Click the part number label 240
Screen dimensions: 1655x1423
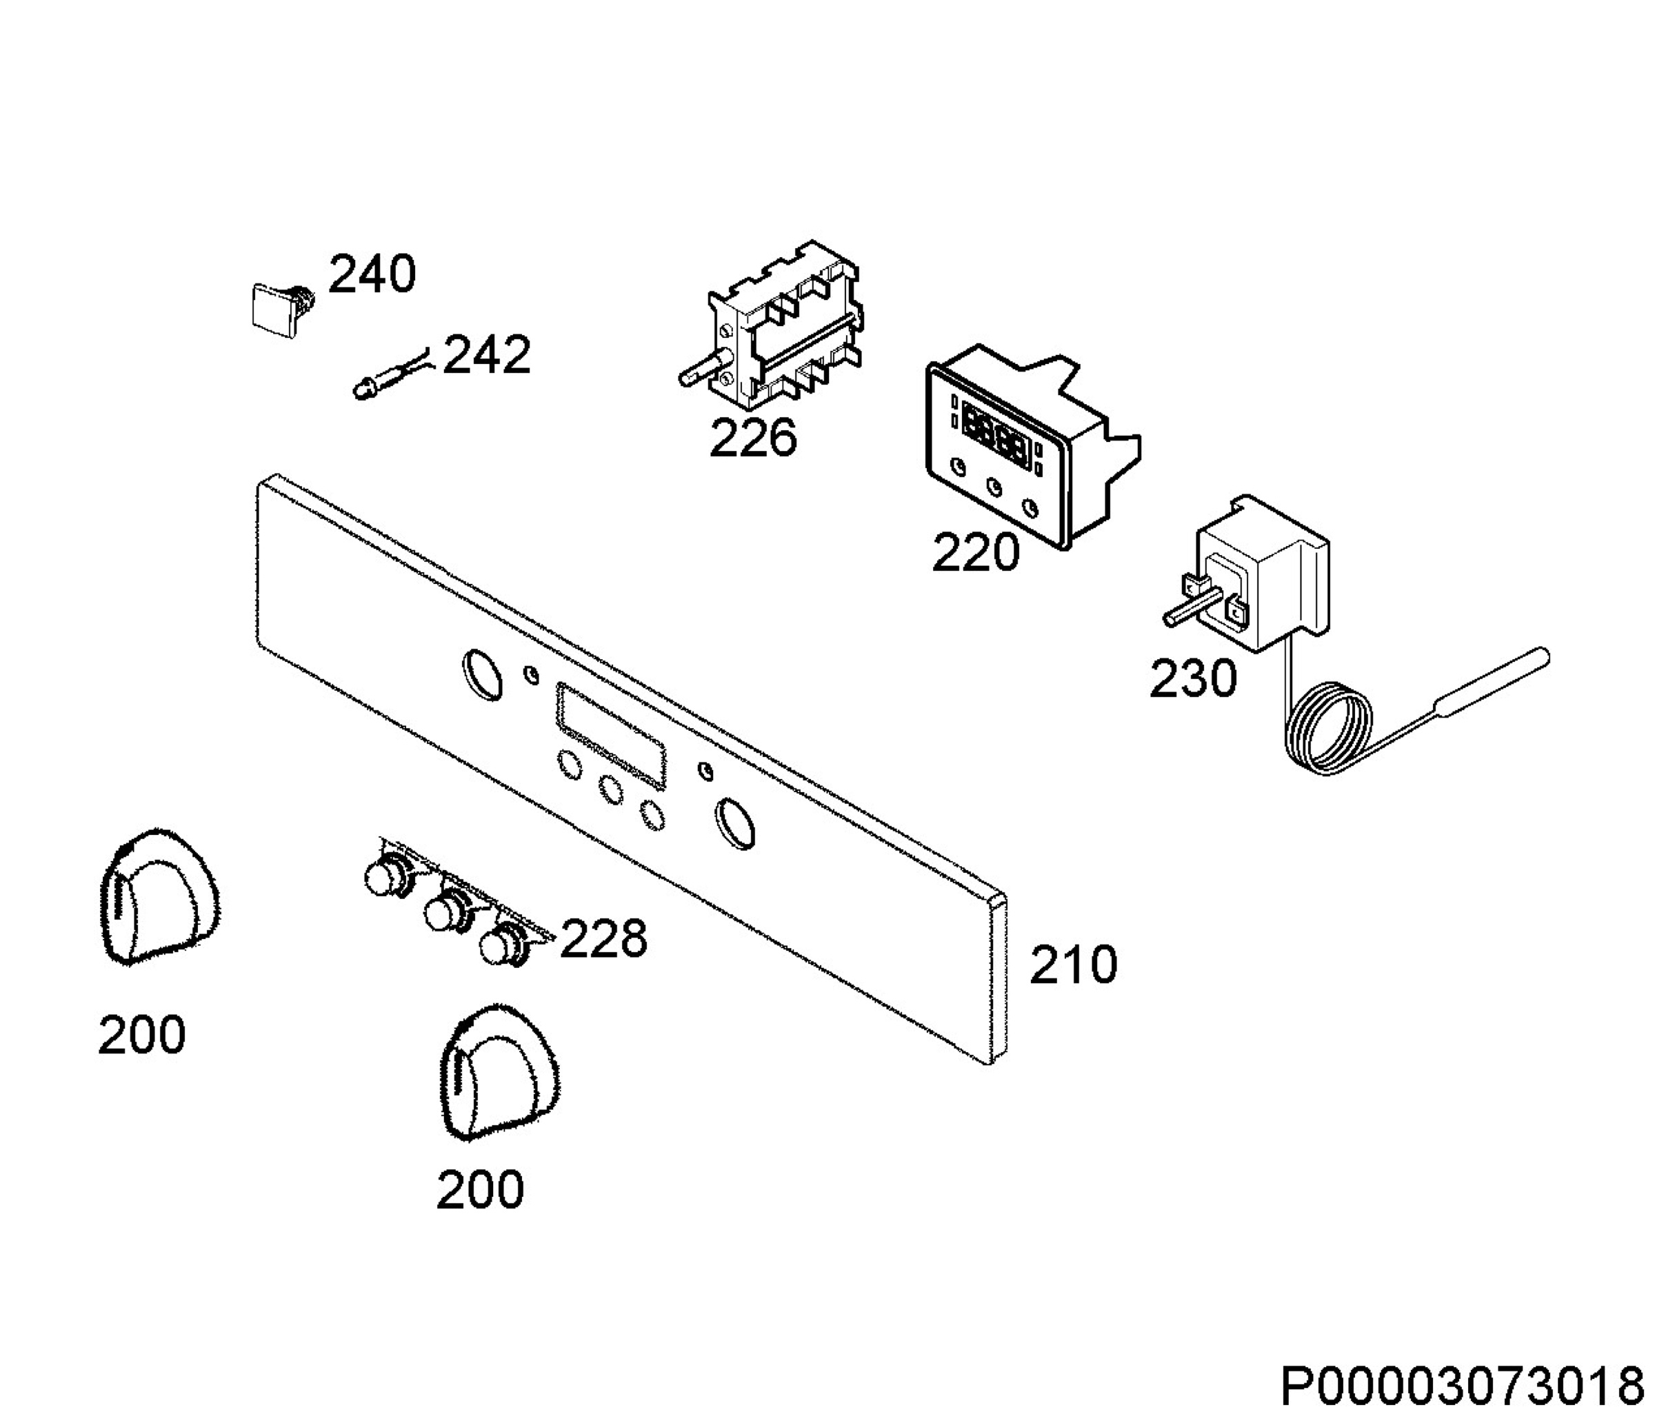(372, 274)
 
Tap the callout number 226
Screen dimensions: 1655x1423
(753, 438)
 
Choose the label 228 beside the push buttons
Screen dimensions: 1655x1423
(603, 938)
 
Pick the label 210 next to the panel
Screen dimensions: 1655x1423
(1073, 965)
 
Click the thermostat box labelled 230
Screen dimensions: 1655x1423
(1262, 571)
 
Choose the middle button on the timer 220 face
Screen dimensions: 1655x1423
(994, 485)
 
